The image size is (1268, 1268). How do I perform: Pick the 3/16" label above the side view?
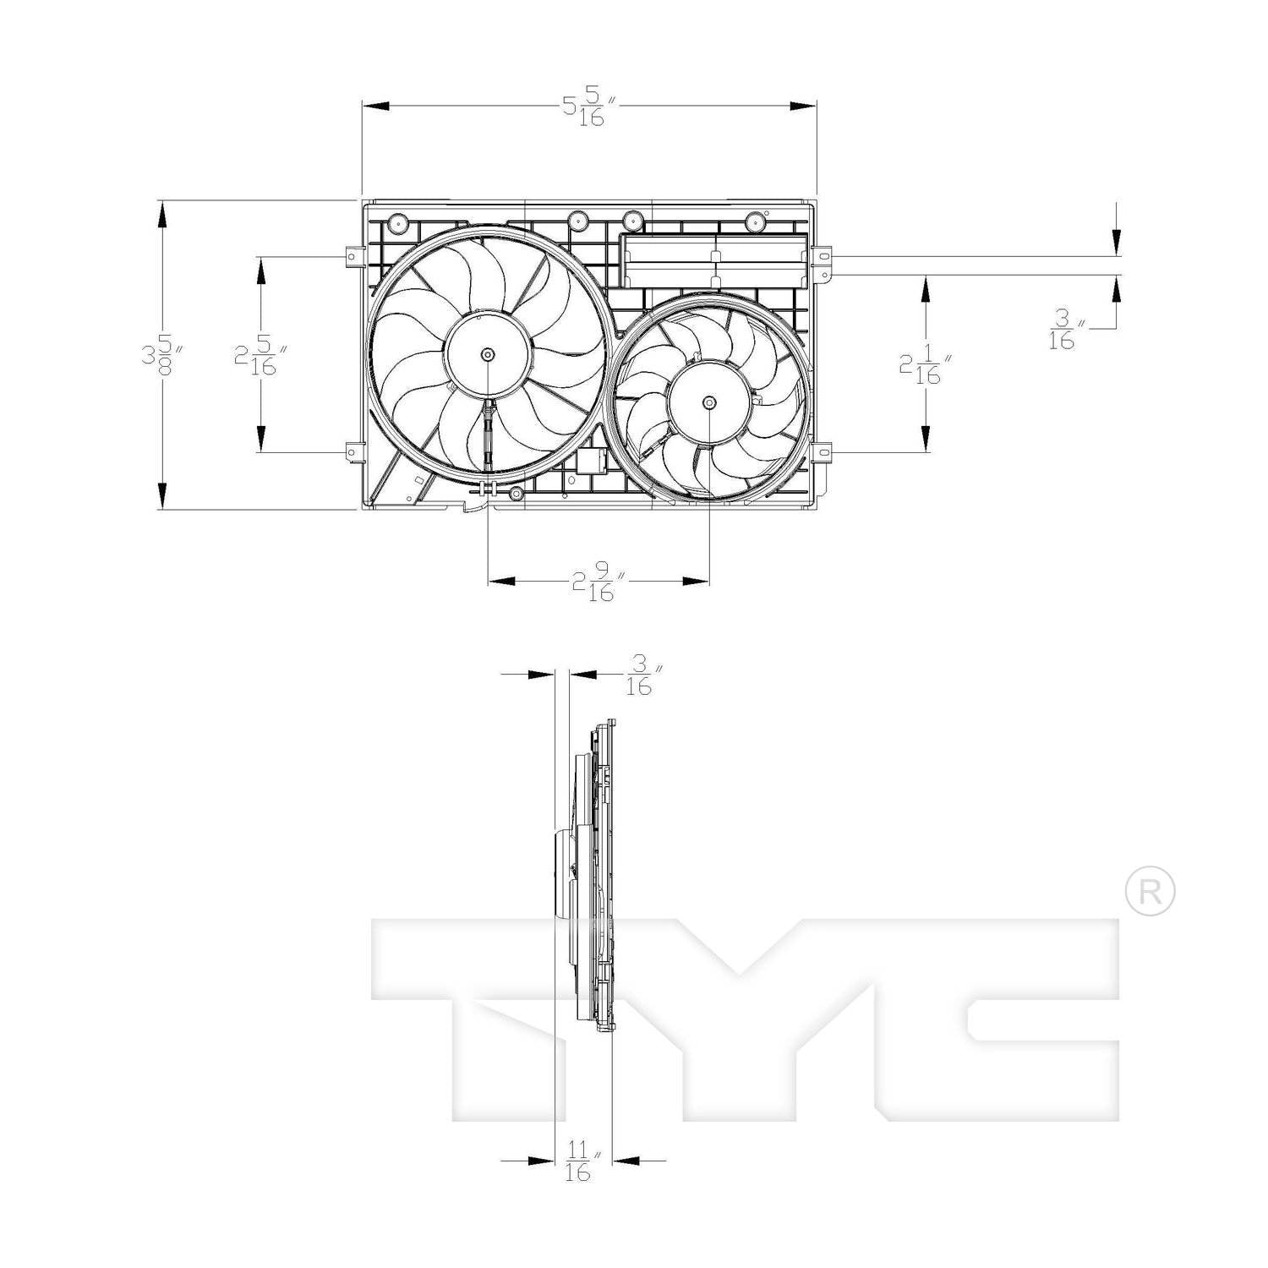(641, 677)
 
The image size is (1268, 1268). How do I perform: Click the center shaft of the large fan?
(488, 355)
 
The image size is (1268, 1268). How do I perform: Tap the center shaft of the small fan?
(708, 402)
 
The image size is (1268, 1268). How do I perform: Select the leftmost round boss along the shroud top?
(396, 223)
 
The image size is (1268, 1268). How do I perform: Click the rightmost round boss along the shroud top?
(755, 221)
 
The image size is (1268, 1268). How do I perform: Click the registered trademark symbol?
(1150, 891)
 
